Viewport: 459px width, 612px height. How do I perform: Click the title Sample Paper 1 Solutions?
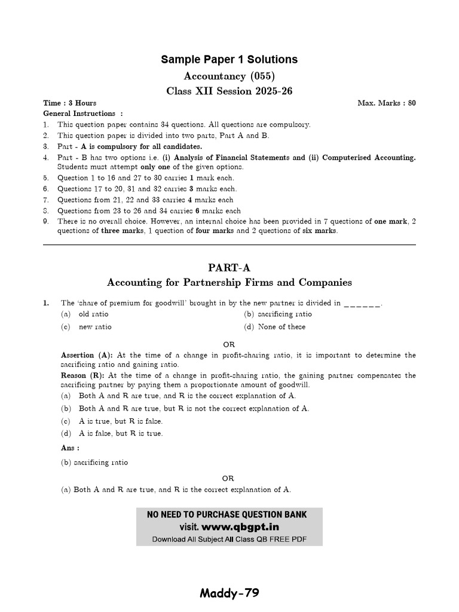click(229, 59)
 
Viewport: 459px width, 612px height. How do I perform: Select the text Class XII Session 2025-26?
click(229, 91)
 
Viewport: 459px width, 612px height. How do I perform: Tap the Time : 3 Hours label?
click(70, 103)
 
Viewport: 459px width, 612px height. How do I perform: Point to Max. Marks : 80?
click(387, 103)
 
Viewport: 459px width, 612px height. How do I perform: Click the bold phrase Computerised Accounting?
click(369, 157)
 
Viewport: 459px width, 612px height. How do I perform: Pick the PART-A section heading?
click(229, 268)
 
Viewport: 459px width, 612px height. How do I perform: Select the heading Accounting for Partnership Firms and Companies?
click(229, 283)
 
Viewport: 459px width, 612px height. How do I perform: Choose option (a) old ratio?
click(93, 314)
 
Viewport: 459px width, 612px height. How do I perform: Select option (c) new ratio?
click(95, 327)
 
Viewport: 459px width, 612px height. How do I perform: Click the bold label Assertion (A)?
click(87, 355)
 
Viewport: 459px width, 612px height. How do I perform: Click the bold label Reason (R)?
click(83, 375)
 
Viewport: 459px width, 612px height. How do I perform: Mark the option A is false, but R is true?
click(120, 433)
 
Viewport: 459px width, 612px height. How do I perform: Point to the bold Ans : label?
click(70, 448)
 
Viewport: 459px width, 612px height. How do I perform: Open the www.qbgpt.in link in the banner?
click(240, 527)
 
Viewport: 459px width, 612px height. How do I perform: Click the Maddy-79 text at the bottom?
click(229, 593)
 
